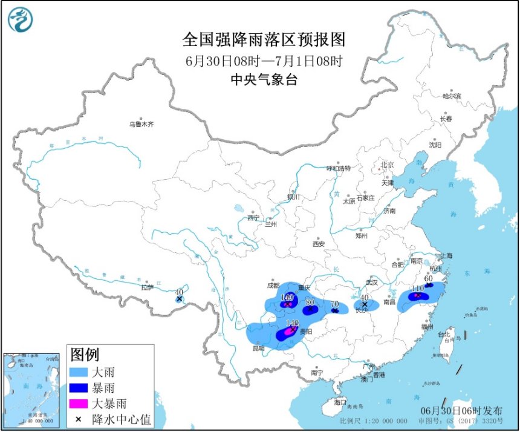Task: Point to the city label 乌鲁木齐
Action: tap(141, 125)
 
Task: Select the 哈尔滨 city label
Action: tap(451, 96)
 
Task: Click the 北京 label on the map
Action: tap(387, 165)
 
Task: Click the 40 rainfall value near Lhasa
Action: tap(179, 292)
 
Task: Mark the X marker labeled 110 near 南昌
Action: tap(417, 296)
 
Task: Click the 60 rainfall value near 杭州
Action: tap(428, 278)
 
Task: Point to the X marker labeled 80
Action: tap(310, 309)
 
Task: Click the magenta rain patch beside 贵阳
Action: tap(289, 331)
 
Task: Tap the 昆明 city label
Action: tap(258, 349)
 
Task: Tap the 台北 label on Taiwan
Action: tap(444, 334)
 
